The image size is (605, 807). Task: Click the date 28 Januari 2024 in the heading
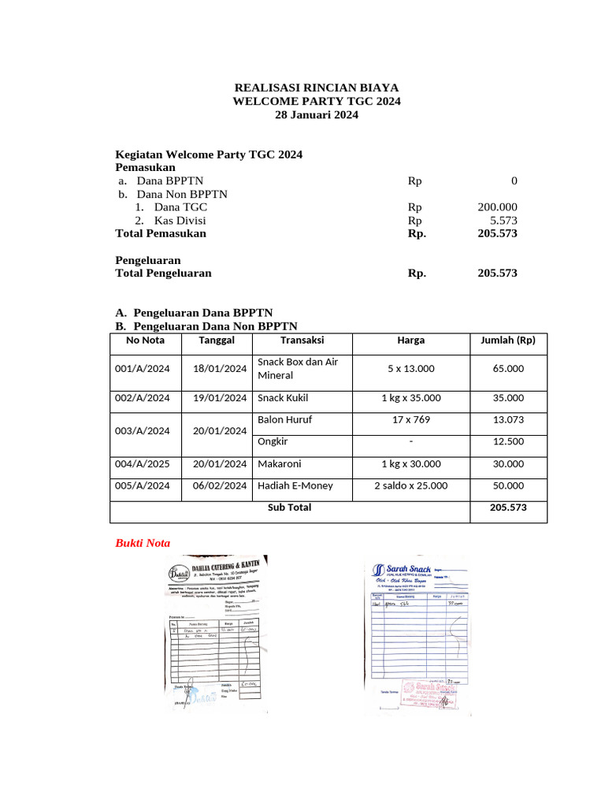(x=316, y=115)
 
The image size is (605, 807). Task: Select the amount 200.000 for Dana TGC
(x=497, y=207)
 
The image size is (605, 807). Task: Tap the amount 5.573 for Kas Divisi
(x=503, y=221)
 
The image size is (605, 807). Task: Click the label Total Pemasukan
(x=161, y=233)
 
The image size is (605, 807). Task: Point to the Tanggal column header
(x=217, y=340)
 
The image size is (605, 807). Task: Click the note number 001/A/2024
(x=143, y=368)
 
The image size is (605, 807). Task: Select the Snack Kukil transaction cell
(x=283, y=398)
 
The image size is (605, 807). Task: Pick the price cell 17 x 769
(x=410, y=420)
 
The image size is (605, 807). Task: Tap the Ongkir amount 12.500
(x=507, y=441)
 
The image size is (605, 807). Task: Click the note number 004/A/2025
(x=143, y=464)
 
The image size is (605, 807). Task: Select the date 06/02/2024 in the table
(x=220, y=486)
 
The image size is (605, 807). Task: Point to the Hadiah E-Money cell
(x=295, y=486)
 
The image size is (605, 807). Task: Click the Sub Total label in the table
(x=289, y=508)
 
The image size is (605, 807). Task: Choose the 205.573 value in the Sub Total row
(x=507, y=508)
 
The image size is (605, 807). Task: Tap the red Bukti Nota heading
(x=143, y=543)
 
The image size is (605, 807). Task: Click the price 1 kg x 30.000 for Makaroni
(x=410, y=464)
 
